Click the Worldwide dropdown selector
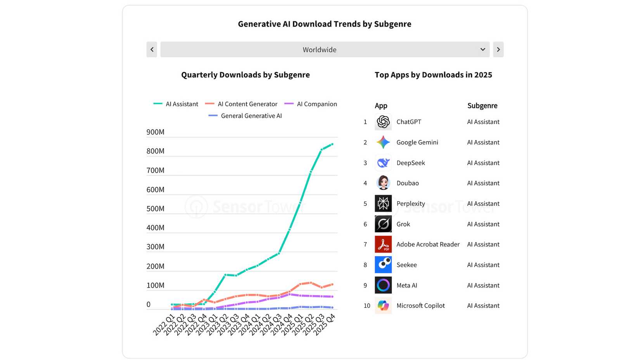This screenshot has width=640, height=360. pyautogui.click(x=325, y=50)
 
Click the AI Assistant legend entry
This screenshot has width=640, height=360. pyautogui.click(x=176, y=104)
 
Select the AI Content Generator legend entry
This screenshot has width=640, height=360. pyautogui.click(x=242, y=104)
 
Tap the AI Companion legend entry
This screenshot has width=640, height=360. pyautogui.click(x=311, y=104)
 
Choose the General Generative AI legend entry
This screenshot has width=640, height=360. pyautogui.click(x=246, y=116)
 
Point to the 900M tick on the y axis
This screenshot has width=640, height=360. pyautogui.click(x=155, y=132)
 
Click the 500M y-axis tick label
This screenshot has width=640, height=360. pyautogui.click(x=155, y=209)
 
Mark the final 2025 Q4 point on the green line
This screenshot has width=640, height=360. pyautogui.click(x=332, y=144)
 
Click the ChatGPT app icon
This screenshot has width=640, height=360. pyautogui.click(x=383, y=122)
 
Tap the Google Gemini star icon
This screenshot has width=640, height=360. pyautogui.click(x=383, y=142)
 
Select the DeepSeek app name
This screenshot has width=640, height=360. pyautogui.click(x=410, y=163)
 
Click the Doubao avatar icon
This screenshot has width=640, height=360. pyautogui.click(x=383, y=183)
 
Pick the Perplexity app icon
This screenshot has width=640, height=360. pyautogui.click(x=383, y=204)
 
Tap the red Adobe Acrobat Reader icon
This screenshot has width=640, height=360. pyautogui.click(x=383, y=244)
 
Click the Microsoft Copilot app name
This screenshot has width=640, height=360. pyautogui.click(x=420, y=306)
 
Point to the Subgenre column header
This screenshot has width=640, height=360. pyautogui.click(x=482, y=106)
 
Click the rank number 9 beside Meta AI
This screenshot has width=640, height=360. pyautogui.click(x=365, y=286)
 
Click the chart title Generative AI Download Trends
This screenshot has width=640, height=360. pyautogui.click(x=324, y=24)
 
